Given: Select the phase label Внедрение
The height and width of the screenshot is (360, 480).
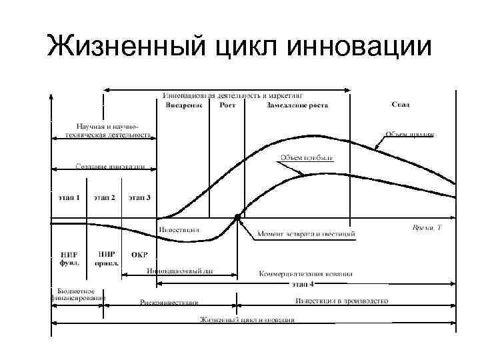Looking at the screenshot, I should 183,105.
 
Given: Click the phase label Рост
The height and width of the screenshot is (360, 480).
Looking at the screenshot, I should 227,105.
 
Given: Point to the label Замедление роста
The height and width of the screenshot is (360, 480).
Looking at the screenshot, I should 297,105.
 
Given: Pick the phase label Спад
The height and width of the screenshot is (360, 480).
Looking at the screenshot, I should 400,105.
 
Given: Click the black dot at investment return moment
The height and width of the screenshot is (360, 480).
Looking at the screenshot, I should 237,217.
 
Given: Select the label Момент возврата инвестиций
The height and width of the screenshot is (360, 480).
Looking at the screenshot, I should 306,234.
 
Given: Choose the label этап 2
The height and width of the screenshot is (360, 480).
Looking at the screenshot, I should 104,197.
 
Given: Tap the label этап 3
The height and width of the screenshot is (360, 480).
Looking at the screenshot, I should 139,197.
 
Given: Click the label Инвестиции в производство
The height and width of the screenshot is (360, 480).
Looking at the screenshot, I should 342,301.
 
